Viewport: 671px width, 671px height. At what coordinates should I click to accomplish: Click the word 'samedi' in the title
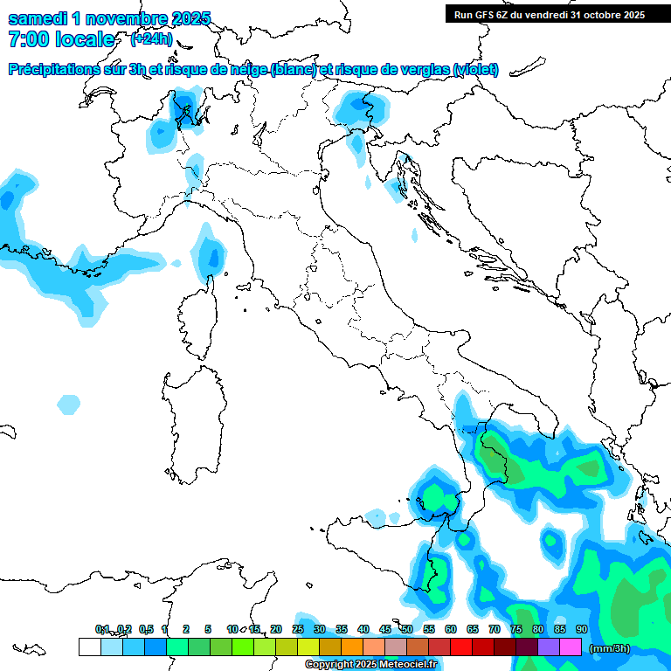[x=37, y=18]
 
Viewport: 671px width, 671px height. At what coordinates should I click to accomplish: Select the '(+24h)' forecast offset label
[x=151, y=39]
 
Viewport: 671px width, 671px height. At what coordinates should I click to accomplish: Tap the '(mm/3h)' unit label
[x=610, y=648]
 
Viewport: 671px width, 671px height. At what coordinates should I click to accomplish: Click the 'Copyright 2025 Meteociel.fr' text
[x=370, y=665]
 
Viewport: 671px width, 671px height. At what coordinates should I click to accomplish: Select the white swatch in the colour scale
[x=89, y=647]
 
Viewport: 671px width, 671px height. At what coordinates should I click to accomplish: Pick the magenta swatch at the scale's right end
[x=571, y=647]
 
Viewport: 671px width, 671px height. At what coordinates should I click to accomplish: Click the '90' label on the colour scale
[x=581, y=629]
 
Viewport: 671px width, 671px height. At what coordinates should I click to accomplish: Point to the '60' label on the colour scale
[x=450, y=629]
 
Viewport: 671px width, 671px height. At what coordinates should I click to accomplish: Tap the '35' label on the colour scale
[x=341, y=629]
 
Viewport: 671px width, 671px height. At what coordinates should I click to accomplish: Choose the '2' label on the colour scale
[x=186, y=629]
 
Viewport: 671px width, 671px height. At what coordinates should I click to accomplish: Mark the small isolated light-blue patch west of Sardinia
[x=68, y=405]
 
